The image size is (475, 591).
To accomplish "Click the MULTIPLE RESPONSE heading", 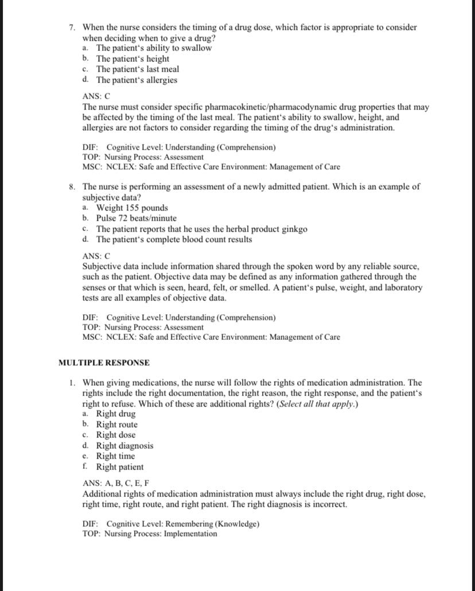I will click(104, 363).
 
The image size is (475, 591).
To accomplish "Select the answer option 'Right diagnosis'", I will click(124, 445).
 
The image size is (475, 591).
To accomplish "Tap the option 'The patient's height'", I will click(133, 58).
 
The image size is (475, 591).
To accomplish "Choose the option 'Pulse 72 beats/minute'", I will click(137, 218).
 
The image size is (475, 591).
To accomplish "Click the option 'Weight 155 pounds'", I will click(132, 208).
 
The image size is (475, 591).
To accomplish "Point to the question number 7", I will click(71, 28).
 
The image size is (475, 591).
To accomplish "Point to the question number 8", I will click(71, 187).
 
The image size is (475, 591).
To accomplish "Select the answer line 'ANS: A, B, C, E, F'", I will click(115, 483).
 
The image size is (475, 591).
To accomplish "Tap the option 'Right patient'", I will click(120, 467).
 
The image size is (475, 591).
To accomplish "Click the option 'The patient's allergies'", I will click(137, 80).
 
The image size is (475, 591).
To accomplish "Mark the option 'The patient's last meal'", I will click(138, 69).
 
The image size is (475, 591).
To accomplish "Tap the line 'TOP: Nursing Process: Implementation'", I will click(150, 534).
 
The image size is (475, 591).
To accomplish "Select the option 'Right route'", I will click(117, 424).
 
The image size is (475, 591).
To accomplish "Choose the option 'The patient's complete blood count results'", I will click(174, 239).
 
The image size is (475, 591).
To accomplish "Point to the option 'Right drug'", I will click(116, 414).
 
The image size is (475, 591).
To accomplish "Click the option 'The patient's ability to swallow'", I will click(154, 48).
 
